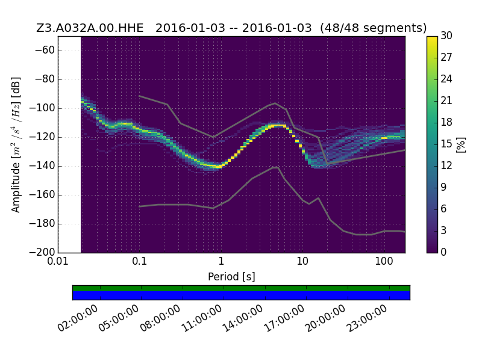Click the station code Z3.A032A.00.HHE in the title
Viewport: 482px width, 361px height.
tap(90, 28)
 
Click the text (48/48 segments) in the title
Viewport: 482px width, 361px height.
tap(373, 28)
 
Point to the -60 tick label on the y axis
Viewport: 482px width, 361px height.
tap(45, 50)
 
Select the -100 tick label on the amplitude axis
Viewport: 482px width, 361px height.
tap(42, 108)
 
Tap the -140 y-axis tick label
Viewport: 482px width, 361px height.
tap(42, 166)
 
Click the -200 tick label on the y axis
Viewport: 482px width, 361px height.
tap(42, 252)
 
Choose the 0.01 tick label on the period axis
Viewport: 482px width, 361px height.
tap(58, 262)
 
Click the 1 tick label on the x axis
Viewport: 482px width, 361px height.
tap(221, 262)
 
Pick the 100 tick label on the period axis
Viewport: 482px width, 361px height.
tap(384, 262)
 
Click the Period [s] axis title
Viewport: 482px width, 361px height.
tap(231, 277)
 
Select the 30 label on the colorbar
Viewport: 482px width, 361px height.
tap(446, 35)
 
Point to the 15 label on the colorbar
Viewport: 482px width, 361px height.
tap(446, 144)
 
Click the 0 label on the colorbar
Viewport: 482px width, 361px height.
tap(443, 252)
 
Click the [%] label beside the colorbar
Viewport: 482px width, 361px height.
tap(461, 144)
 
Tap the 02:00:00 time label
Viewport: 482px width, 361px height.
tap(78, 318)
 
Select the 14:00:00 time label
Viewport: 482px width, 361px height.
tap(243, 318)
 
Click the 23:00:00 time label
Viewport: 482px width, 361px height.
tap(367, 318)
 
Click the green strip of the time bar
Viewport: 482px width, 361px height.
tap(242, 288)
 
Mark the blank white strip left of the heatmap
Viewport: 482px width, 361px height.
tap(69, 144)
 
